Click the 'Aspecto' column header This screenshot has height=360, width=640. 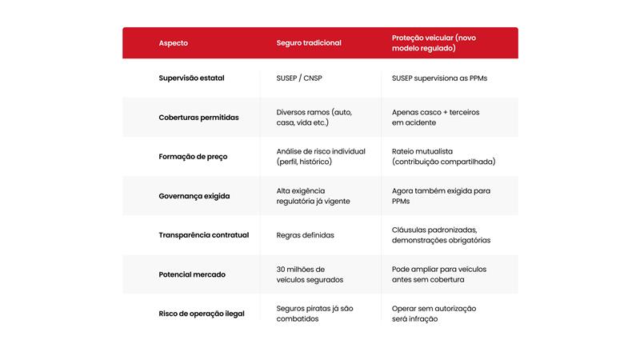click(x=174, y=43)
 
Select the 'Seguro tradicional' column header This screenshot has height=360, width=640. click(x=309, y=43)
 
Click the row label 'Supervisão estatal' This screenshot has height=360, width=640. click(x=191, y=78)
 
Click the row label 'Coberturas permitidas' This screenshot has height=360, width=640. click(x=198, y=118)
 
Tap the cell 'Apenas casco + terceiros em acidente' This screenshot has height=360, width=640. click(x=436, y=118)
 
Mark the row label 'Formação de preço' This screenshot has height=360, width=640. click(x=193, y=157)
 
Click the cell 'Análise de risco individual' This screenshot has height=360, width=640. click(x=321, y=157)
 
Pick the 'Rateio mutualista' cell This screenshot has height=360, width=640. click(x=443, y=157)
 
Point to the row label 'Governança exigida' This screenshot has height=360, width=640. click(x=194, y=196)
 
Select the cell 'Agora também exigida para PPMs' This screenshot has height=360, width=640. click(x=441, y=196)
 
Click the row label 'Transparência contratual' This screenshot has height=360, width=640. click(x=204, y=235)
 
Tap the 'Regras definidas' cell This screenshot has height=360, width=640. click(x=305, y=235)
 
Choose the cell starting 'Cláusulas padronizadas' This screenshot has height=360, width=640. click(x=441, y=235)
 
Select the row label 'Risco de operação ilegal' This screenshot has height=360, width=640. click(x=202, y=314)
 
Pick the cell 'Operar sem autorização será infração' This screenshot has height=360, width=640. click(x=434, y=314)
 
